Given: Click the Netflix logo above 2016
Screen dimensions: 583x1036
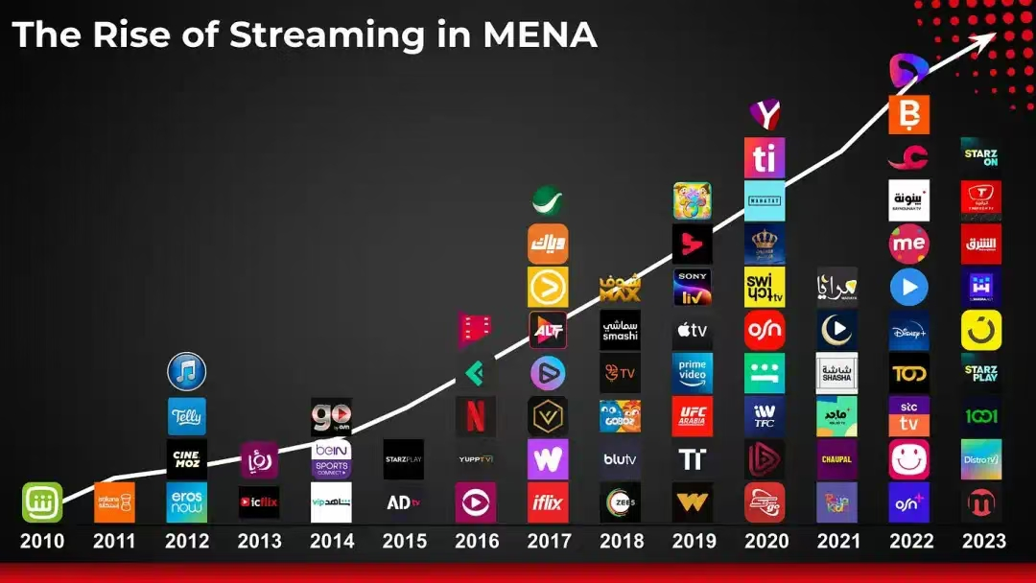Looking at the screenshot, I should click(x=476, y=416).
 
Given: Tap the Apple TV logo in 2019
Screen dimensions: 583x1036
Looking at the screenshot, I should click(x=693, y=330).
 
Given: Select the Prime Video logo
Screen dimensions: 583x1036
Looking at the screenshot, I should click(x=693, y=373).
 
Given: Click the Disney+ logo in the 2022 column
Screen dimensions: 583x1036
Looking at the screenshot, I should click(x=908, y=330).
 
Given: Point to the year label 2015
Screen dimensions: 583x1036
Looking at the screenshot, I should click(x=404, y=541).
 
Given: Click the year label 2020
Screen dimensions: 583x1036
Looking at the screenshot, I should click(x=765, y=541).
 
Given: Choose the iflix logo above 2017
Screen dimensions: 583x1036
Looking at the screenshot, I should click(x=548, y=501).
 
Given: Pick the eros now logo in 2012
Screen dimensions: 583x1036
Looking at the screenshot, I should click(x=186, y=501).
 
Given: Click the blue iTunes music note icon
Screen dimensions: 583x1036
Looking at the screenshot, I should click(x=186, y=372).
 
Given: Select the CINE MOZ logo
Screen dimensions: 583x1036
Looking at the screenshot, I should click(x=186, y=459).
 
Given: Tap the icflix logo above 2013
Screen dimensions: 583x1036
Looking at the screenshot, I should click(x=259, y=501).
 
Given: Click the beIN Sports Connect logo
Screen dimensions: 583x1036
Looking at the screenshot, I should click(x=331, y=459).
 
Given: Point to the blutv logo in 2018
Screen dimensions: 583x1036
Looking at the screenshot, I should click(x=620, y=459).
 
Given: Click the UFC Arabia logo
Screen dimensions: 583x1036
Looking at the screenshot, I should click(x=693, y=416).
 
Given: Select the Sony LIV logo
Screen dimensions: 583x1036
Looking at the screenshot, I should click(x=693, y=287).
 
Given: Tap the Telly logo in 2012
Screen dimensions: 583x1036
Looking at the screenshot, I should click(x=186, y=416).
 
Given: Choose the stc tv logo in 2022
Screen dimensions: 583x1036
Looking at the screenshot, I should click(x=908, y=416).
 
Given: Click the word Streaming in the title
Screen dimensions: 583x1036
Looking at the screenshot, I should click(x=326, y=35).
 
